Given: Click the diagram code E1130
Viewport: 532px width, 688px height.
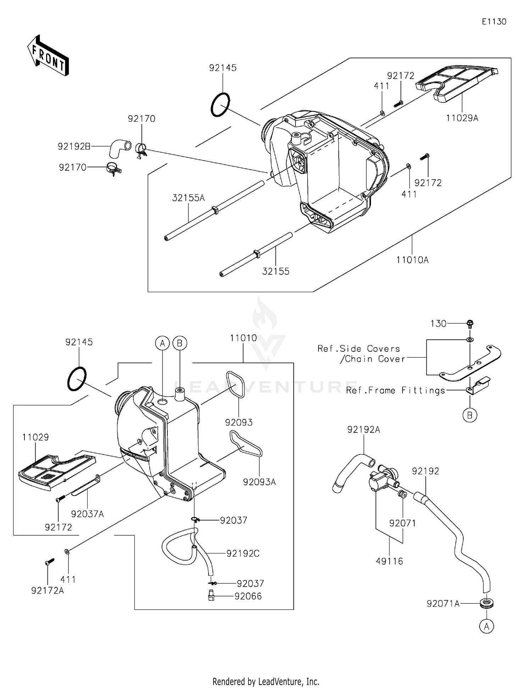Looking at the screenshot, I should (494, 22).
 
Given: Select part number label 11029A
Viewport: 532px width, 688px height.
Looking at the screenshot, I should (462, 118).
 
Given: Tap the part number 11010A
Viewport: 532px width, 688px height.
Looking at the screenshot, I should (412, 260).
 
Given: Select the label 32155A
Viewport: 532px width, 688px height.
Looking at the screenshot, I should (188, 198).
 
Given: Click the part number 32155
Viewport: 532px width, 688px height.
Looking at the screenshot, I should (276, 272).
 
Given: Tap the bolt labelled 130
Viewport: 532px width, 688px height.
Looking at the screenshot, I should (470, 323).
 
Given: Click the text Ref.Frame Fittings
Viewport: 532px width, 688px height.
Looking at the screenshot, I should (395, 391).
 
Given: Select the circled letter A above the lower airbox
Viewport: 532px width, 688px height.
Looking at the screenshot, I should (162, 343).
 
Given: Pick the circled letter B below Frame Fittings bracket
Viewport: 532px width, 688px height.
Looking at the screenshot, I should (470, 415).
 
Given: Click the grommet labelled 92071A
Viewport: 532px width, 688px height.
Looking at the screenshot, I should (487, 603).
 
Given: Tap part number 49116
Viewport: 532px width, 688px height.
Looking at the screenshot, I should (389, 561).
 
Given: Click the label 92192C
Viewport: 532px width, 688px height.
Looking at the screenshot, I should (243, 553).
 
